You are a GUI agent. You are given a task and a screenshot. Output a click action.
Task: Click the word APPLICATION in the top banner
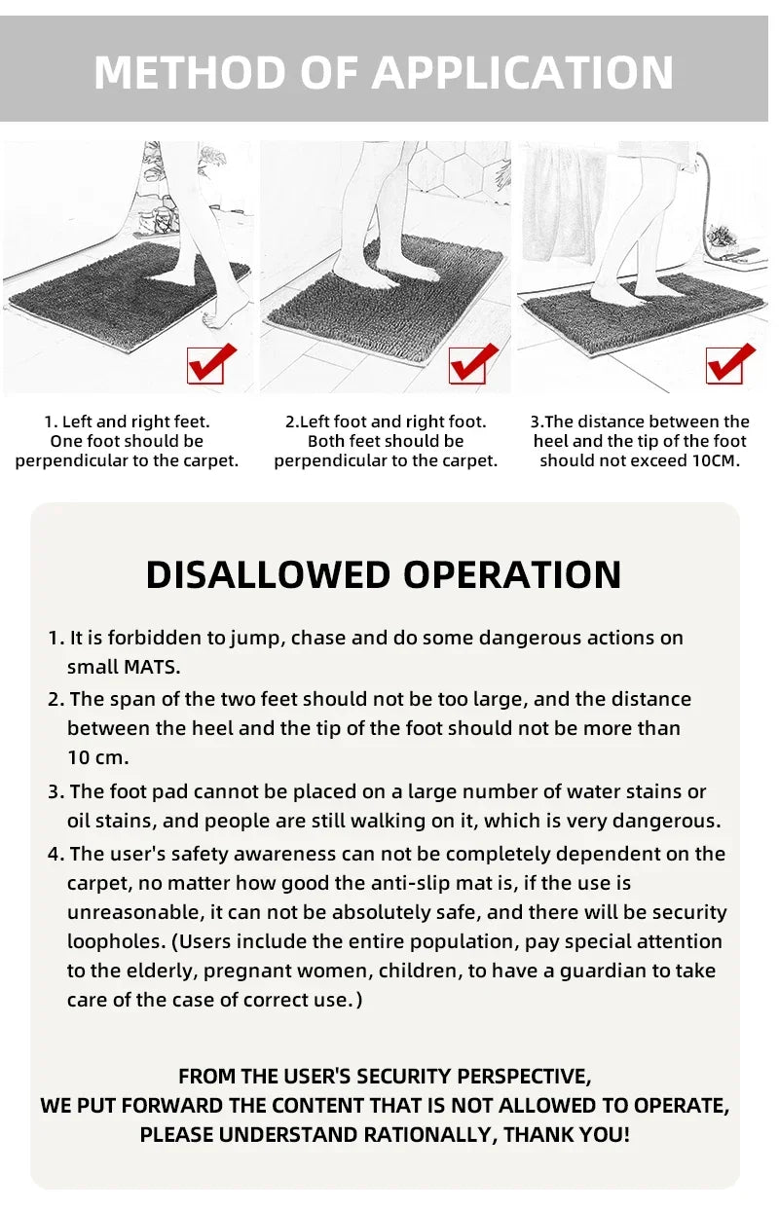pyautogui.click(x=523, y=72)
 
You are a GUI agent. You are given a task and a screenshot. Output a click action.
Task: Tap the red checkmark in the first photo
pyautogui.click(x=210, y=363)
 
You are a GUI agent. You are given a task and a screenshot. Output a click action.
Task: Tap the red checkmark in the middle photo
pyautogui.click(x=472, y=363)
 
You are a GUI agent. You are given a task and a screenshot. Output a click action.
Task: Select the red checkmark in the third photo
pyautogui.click(x=730, y=363)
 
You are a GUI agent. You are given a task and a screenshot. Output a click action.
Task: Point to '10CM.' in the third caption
pyautogui.click(x=717, y=460)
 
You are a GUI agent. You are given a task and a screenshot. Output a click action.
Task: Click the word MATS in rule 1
pyautogui.click(x=150, y=667)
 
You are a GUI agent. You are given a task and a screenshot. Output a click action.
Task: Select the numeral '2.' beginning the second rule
pyautogui.click(x=56, y=699)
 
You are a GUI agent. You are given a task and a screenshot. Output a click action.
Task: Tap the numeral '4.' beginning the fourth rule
pyautogui.click(x=56, y=854)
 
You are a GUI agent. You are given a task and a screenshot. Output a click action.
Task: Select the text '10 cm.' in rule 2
pyautogui.click(x=97, y=757)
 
